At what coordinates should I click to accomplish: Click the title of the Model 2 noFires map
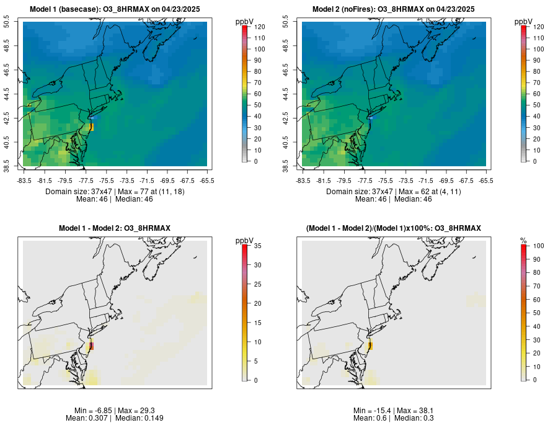(394, 9)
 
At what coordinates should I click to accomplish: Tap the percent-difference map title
(394, 229)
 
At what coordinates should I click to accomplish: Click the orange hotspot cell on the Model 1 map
(91, 127)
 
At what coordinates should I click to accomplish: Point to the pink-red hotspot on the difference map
(91, 346)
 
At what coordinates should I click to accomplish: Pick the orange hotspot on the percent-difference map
(370, 346)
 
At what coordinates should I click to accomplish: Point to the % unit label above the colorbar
(524, 240)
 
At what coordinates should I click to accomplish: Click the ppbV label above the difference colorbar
(245, 240)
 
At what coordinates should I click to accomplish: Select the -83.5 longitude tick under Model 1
(25, 181)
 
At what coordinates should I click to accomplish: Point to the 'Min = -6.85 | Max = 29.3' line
(115, 411)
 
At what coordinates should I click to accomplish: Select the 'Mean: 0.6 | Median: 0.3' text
(394, 418)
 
